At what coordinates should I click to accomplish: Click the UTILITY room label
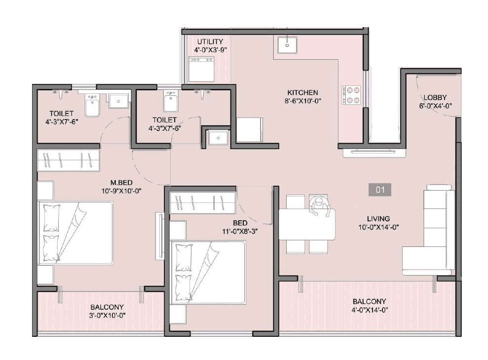click(x=210, y=41)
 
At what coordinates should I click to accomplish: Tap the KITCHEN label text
click(x=302, y=92)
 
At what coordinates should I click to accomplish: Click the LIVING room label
click(x=378, y=218)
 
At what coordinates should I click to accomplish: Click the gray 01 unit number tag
click(x=379, y=190)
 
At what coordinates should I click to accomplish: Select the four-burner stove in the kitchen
click(x=351, y=95)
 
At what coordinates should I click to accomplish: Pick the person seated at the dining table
click(x=318, y=204)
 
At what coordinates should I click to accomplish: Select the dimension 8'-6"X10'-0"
click(x=302, y=101)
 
